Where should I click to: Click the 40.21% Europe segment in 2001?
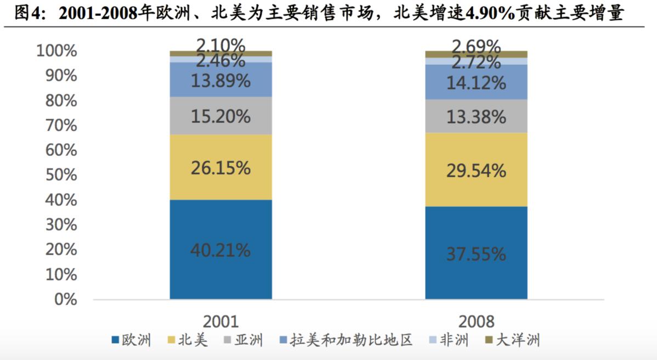coord(220,250)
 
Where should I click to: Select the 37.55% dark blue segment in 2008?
coord(476,254)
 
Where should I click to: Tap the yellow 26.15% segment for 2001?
coord(220,167)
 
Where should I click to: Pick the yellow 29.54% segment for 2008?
coord(476,170)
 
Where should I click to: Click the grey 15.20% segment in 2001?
coord(220,116)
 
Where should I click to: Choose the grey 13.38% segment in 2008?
coord(476,116)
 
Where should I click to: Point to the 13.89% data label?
coord(220,81)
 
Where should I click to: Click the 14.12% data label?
coord(476,83)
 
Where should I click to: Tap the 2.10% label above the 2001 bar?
coord(220,44)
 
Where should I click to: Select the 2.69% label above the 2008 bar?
coord(476,45)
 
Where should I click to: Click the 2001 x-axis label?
coord(220,322)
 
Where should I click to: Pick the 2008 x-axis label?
coord(476,322)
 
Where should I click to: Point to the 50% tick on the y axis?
coord(57,175)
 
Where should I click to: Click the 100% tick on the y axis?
coord(57,51)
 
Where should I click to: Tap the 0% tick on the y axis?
coord(65,299)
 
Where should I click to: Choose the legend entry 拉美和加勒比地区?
coord(351,340)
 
